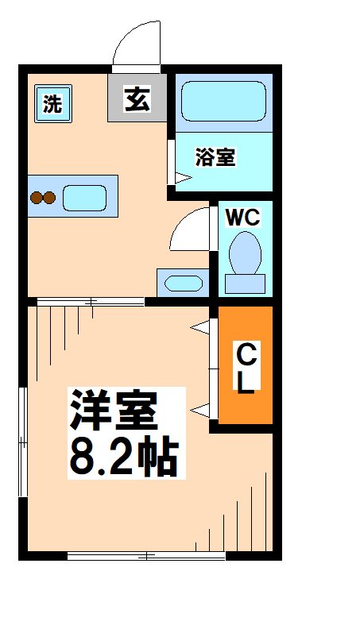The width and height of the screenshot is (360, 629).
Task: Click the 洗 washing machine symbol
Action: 52,104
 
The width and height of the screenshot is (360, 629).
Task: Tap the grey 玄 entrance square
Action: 137,100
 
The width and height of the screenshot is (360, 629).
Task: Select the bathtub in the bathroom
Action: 223,101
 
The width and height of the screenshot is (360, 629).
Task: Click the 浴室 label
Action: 215,157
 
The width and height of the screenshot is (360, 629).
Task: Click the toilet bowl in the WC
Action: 245,253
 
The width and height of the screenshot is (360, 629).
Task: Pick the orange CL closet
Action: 246,365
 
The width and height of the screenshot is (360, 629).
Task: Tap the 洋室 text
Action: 114,410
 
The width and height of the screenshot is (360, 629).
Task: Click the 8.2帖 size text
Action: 123,454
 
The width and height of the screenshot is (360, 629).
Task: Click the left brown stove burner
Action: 37,198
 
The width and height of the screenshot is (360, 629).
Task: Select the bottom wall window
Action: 146,556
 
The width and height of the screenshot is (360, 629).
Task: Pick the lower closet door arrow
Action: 199,410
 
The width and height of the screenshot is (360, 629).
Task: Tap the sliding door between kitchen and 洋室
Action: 90,301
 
